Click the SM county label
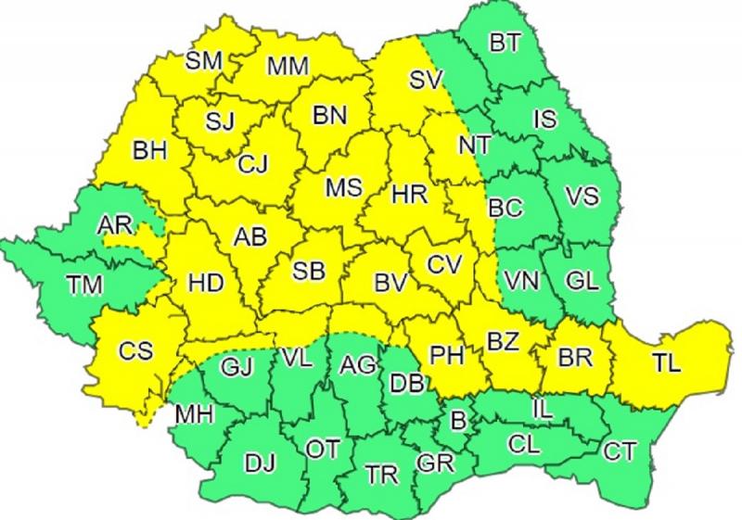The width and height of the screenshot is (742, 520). point(204,62)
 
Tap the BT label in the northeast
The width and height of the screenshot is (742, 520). point(505,42)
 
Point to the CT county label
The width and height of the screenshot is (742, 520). point(620,451)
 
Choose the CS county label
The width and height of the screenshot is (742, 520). point(134,351)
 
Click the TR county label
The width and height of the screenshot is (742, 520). point(381,476)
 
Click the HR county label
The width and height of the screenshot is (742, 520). point(409,195)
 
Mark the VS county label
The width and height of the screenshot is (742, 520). point(582,197)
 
